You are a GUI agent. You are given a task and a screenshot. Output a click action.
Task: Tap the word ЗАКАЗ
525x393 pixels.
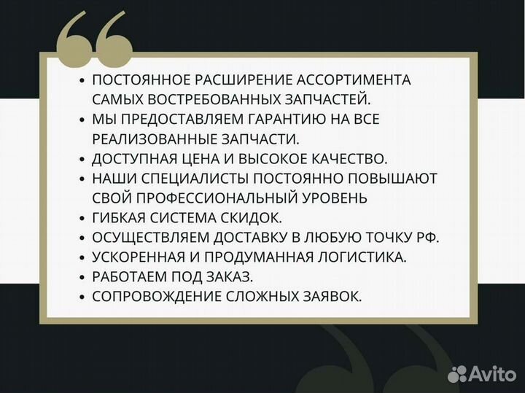click(x=235, y=276)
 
